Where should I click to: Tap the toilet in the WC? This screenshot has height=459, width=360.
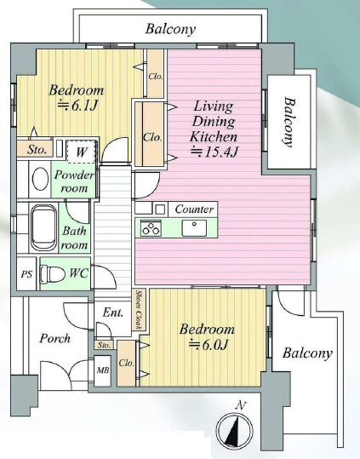point(53,274)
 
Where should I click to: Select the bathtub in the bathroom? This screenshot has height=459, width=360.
point(44,227)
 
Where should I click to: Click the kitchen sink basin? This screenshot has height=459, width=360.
point(194,228)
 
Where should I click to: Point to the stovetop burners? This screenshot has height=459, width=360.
point(151,228)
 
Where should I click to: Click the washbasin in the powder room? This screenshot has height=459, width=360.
point(40,179)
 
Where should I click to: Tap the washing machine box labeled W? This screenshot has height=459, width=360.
point(82,152)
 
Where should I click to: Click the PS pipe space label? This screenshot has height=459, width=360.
point(26,274)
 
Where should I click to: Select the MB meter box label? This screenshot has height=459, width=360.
point(103,370)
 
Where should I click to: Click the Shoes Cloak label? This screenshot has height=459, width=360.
point(140,310)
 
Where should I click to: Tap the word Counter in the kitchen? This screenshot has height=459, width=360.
point(195,209)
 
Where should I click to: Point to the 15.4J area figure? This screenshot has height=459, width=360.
point(214,152)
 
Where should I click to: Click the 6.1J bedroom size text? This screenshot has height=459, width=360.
point(77,106)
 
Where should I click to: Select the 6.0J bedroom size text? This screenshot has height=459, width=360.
point(209,345)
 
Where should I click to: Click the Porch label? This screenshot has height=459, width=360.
point(55,338)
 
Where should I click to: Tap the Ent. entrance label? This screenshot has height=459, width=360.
point(113,313)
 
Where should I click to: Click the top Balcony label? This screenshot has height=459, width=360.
point(170,29)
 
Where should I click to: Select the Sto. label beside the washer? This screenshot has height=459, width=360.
point(37,150)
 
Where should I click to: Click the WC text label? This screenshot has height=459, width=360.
point(78,273)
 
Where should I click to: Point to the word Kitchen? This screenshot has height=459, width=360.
point(214,136)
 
